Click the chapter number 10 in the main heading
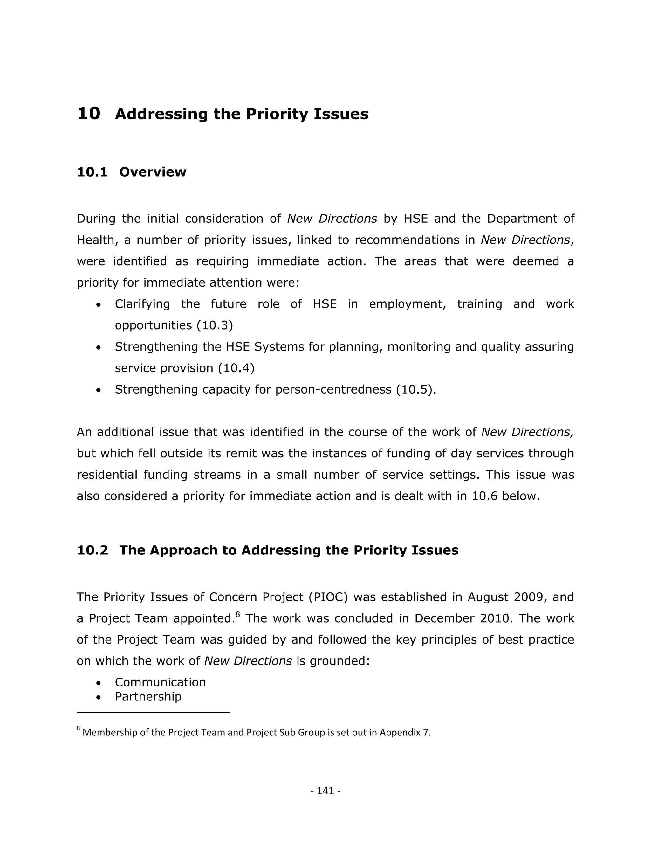(89, 114)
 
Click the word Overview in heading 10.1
(153, 172)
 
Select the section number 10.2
(93, 550)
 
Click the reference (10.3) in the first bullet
(215, 325)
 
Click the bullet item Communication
(161, 682)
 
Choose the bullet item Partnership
(148, 697)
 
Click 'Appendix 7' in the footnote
(404, 733)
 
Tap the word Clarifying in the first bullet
(142, 304)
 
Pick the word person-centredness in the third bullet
(333, 389)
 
